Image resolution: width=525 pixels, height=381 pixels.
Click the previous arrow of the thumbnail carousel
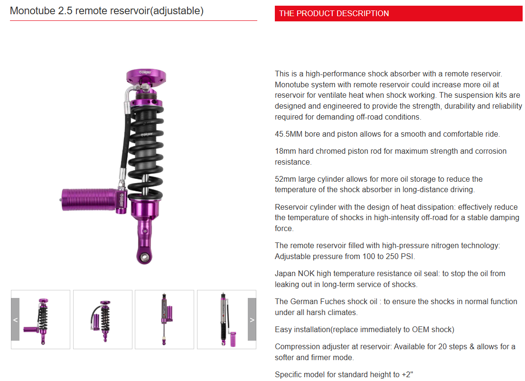[15, 319]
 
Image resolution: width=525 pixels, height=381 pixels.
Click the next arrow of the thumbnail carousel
[252, 319]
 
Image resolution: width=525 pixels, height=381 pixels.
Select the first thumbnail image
[41, 319]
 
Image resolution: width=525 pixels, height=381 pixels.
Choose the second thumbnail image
[103, 319]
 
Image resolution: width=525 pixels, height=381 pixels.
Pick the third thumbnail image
[164, 319]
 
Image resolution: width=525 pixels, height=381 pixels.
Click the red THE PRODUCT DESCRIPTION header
[398, 13]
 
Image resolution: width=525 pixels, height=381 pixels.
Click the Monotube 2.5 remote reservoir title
[107, 10]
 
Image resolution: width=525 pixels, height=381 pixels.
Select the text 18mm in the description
[284, 151]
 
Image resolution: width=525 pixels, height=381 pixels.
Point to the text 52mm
[285, 179]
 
